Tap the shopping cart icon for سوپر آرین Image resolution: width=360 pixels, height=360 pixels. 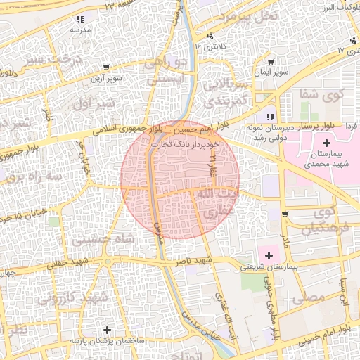coord(105,68)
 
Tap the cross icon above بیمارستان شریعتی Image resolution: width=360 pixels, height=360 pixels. coord(268,252)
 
